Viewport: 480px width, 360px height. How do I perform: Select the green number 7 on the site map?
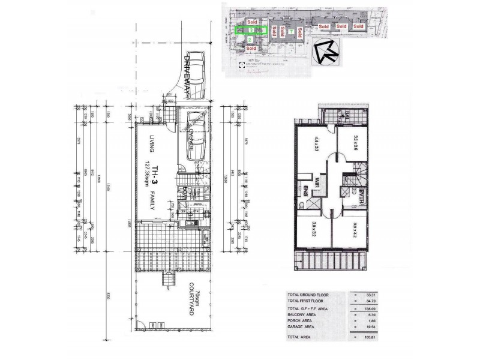pyautogui.click(x=291, y=31)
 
